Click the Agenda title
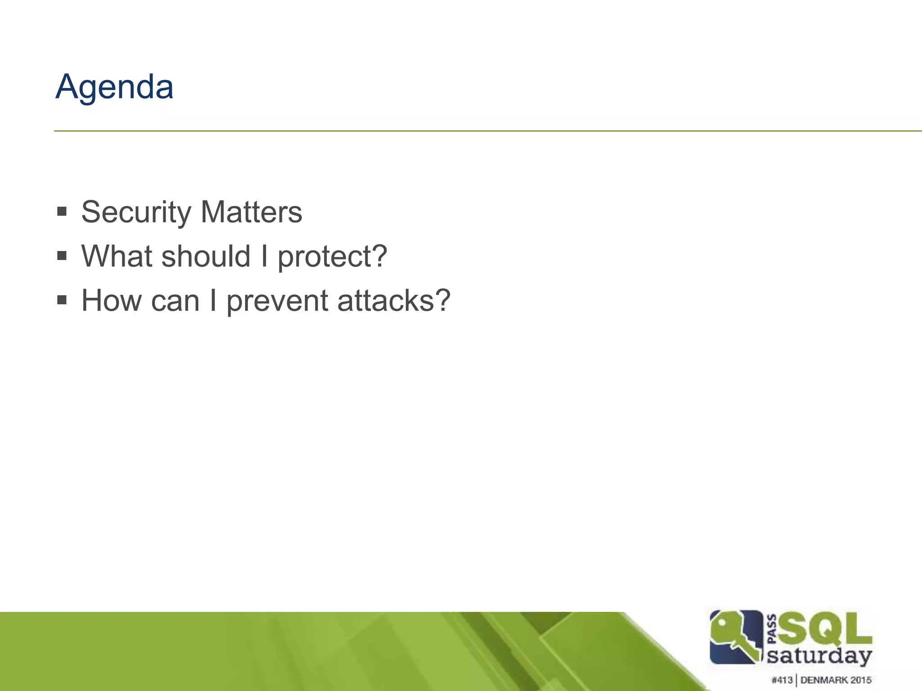(x=114, y=87)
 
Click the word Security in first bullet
(x=136, y=212)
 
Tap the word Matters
(x=251, y=212)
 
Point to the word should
(x=205, y=256)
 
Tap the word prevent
(x=277, y=301)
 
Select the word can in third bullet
(x=175, y=301)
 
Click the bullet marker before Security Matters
(x=62, y=211)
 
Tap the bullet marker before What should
(x=62, y=256)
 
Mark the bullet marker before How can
(x=62, y=300)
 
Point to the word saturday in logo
(x=819, y=656)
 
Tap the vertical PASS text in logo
(x=771, y=628)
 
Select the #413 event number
(x=782, y=680)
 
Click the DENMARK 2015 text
(x=836, y=680)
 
